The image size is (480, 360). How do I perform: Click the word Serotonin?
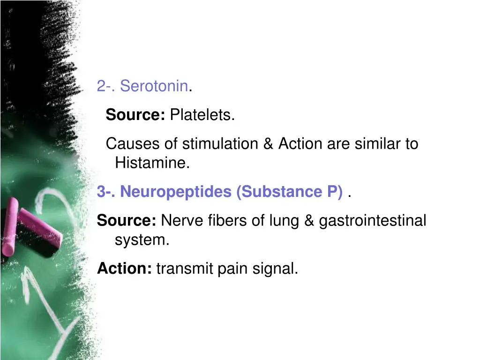[x=154, y=86]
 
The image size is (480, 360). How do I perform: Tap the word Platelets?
[x=202, y=114]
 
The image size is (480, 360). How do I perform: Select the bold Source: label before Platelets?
[x=135, y=114]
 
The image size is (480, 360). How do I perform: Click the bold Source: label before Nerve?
[x=127, y=220]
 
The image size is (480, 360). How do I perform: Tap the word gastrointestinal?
[x=373, y=220]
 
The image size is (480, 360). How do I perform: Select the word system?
[x=142, y=240]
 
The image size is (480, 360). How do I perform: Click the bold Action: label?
[x=124, y=269]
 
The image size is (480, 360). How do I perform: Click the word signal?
[x=275, y=269]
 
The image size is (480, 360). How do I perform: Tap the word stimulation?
[x=220, y=143]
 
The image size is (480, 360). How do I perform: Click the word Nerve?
[x=181, y=220]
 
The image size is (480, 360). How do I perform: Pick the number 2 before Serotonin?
[x=101, y=86]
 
